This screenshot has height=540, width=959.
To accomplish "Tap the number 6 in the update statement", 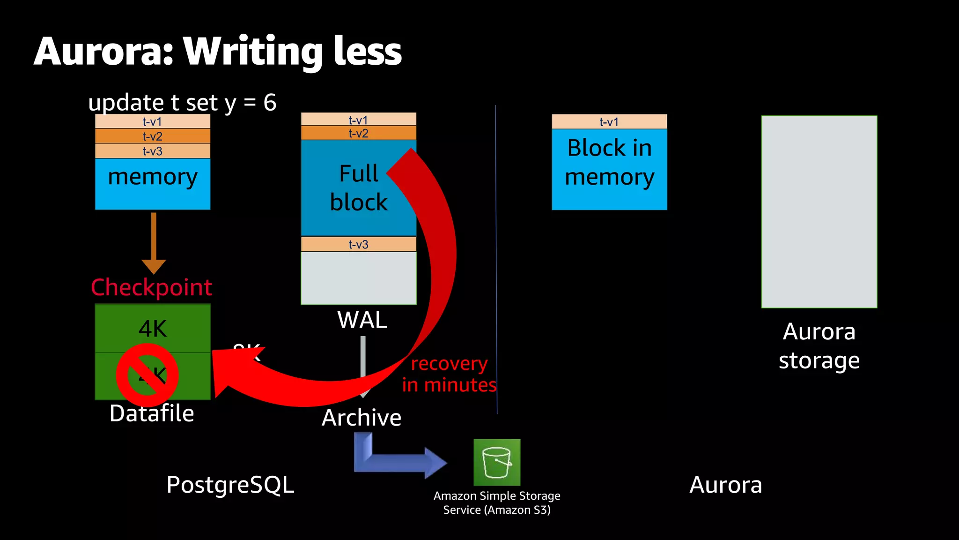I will pyautogui.click(x=270, y=102).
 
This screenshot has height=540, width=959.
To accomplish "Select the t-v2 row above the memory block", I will pyautogui.click(x=153, y=136).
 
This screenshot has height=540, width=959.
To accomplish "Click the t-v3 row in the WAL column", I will pyautogui.click(x=358, y=244).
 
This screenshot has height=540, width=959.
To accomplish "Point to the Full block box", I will pyautogui.click(x=347, y=187).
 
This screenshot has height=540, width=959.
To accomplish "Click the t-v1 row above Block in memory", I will pyautogui.click(x=609, y=122).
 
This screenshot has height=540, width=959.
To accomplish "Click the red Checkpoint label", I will pyautogui.click(x=151, y=287).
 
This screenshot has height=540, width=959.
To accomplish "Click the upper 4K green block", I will pyautogui.click(x=153, y=328).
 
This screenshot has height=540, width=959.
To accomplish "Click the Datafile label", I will pyautogui.click(x=151, y=413).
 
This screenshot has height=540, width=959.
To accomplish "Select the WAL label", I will pyautogui.click(x=362, y=320).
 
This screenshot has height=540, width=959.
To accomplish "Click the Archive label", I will pyautogui.click(x=361, y=417).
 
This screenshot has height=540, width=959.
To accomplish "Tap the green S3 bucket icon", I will pyautogui.click(x=497, y=462).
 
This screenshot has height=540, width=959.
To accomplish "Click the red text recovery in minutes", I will pyautogui.click(x=449, y=374).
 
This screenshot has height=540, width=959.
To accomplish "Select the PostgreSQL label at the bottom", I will pyautogui.click(x=230, y=485).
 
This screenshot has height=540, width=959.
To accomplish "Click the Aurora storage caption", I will pyautogui.click(x=819, y=346).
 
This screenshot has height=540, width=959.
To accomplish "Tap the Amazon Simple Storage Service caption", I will pyautogui.click(x=497, y=502).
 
